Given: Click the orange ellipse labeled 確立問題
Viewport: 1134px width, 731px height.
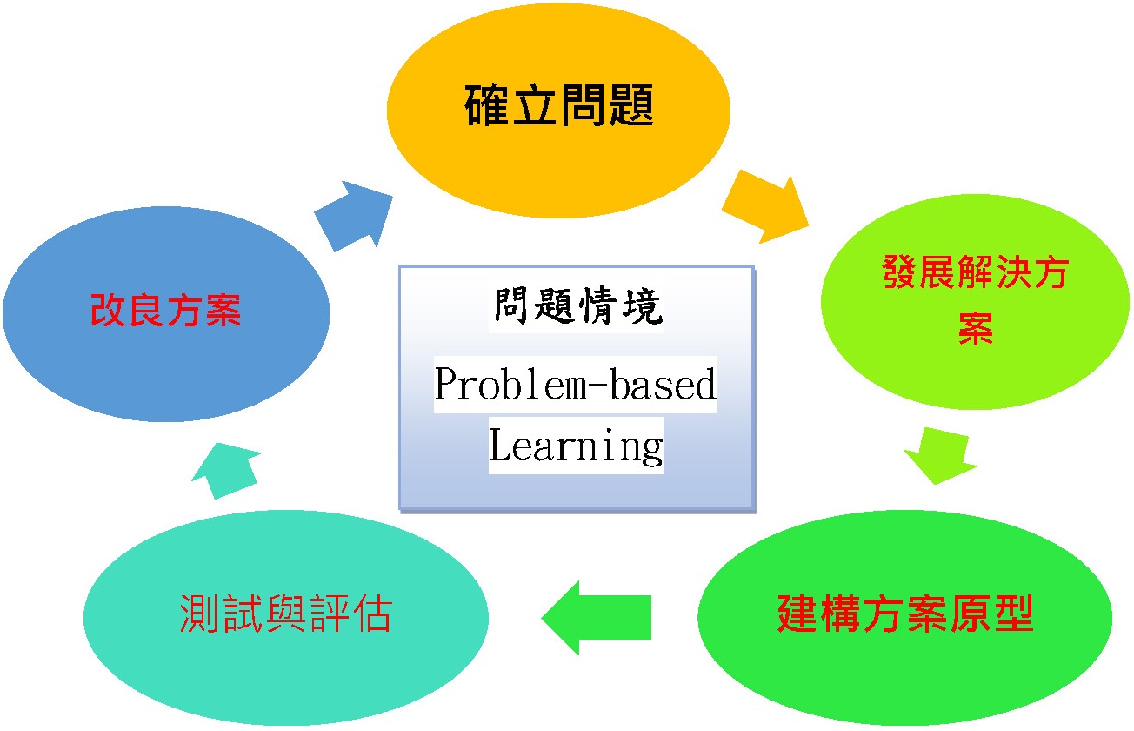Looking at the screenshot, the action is click(558, 111).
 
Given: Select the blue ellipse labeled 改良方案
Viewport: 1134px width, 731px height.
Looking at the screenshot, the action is click(166, 313).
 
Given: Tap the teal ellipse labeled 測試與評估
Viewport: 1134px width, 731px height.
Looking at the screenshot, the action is click(286, 618).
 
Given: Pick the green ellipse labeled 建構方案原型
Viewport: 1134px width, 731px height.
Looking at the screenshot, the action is click(904, 618).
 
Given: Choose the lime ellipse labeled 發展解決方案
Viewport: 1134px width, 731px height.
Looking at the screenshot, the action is click(975, 301).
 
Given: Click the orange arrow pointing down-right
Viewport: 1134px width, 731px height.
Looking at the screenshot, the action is click(766, 207).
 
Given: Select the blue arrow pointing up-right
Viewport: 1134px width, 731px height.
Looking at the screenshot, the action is click(354, 217).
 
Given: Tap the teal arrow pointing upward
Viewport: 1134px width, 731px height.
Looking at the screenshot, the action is click(226, 471).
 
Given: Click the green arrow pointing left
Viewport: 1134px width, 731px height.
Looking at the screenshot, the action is click(597, 618).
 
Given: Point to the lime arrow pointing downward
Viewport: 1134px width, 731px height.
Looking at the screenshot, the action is click(941, 456).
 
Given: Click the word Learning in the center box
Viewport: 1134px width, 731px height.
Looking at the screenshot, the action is click(576, 446).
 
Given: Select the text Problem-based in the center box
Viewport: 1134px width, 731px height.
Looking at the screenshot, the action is click(576, 384).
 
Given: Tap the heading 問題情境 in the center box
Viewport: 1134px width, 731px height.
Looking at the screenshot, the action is click(577, 305).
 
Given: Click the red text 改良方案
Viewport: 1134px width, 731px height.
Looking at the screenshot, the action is click(165, 310).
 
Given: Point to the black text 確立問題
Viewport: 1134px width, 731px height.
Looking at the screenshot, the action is click(559, 105).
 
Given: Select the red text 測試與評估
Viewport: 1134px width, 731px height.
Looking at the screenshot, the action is click(286, 614).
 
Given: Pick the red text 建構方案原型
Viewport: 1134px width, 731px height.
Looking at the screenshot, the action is click(905, 614).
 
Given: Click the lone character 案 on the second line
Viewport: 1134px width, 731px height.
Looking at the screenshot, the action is click(976, 329).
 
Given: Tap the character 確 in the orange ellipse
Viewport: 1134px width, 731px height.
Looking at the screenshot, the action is click(486, 105).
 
